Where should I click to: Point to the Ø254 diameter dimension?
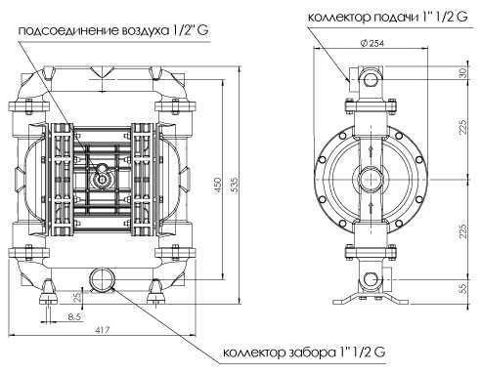[x=371, y=42]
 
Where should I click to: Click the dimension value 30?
[x=462, y=72]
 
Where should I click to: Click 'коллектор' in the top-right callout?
[x=336, y=17]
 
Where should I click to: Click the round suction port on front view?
[x=102, y=279]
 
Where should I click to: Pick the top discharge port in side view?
[x=371, y=74]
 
